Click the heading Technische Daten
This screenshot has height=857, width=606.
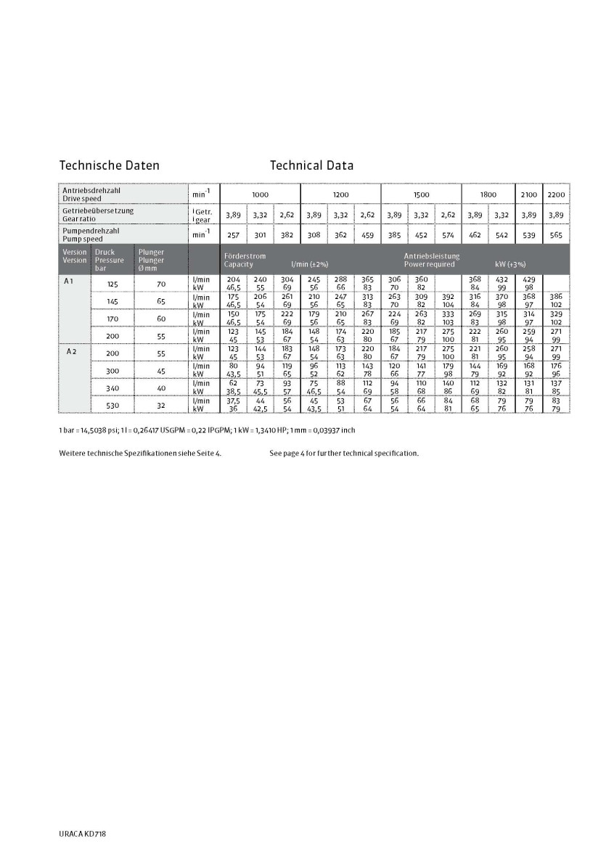(x=109, y=165)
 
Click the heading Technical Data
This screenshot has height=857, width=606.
(x=311, y=165)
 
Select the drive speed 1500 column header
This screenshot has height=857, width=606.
(x=421, y=194)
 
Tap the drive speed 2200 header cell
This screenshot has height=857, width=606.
(x=556, y=194)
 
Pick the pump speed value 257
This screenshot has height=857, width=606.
(x=234, y=235)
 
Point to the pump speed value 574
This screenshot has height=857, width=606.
(x=448, y=235)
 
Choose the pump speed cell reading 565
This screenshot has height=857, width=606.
(x=556, y=235)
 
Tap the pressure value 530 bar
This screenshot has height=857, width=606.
(x=112, y=405)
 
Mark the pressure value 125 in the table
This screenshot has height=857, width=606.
(x=112, y=284)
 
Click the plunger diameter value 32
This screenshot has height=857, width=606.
(x=161, y=405)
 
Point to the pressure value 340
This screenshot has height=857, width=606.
(x=112, y=388)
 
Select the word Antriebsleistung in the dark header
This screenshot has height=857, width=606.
(x=432, y=256)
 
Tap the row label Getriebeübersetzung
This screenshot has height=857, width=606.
(x=98, y=210)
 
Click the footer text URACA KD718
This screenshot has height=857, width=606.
(x=83, y=835)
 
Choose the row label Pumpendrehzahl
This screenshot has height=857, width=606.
(x=91, y=231)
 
